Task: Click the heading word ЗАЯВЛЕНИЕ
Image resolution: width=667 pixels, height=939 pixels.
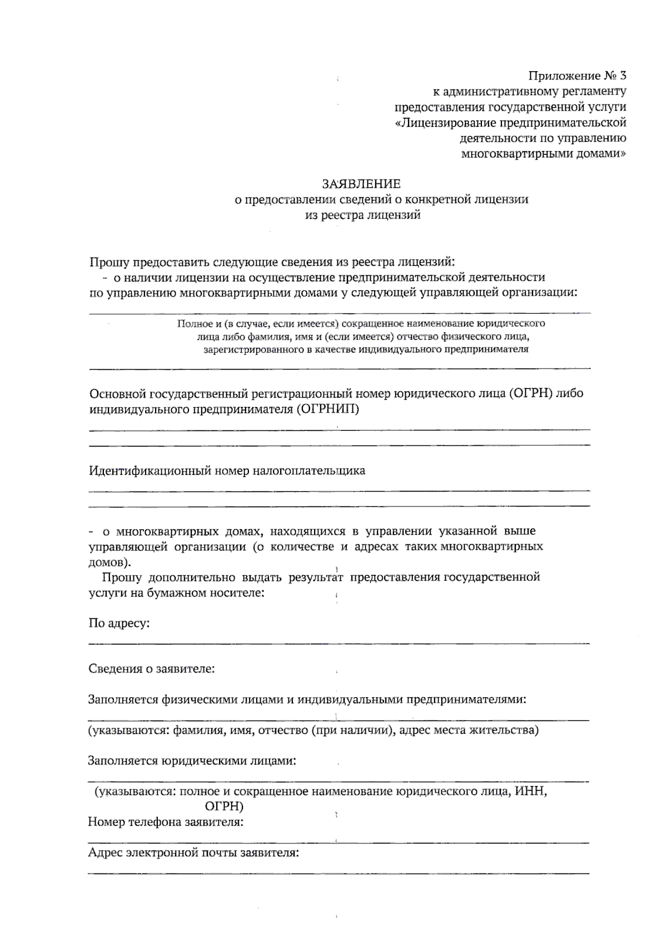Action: click(362, 183)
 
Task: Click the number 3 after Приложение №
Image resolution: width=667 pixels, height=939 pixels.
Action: click(623, 76)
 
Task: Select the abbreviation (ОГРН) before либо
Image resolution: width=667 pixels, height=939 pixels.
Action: click(532, 394)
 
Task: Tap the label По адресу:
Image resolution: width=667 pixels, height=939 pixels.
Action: click(119, 623)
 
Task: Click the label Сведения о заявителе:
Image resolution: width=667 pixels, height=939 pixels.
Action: click(152, 669)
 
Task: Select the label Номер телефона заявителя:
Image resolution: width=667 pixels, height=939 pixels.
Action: click(166, 822)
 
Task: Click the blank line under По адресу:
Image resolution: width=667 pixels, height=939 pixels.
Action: click(339, 643)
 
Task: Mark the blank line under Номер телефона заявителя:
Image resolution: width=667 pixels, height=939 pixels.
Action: click(339, 843)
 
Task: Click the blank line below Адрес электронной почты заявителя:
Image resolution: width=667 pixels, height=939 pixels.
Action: click(339, 873)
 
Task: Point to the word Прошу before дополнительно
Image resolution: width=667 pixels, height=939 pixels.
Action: click(122, 577)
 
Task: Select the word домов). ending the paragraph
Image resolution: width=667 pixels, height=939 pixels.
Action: click(110, 562)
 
